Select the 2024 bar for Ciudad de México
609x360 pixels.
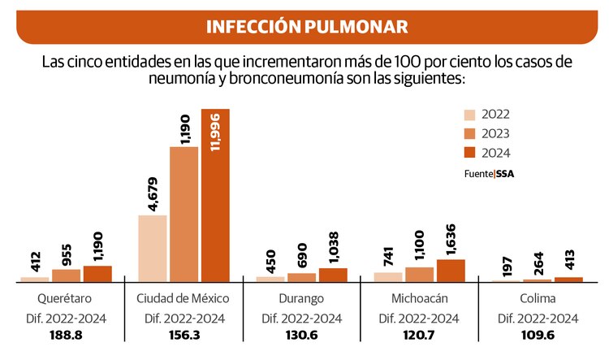pos(216,195)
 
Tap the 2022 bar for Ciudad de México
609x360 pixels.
pos(153,249)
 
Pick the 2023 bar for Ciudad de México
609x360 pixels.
pos(184,215)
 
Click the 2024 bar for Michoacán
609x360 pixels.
pos(451,271)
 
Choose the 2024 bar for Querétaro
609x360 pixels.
pos(97,274)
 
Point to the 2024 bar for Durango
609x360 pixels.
pos(333,275)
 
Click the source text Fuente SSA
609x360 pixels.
pos(490,173)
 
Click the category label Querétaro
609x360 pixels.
pos(61,299)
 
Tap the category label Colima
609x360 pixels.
pos(538,299)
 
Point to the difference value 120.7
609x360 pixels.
pos(419,336)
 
